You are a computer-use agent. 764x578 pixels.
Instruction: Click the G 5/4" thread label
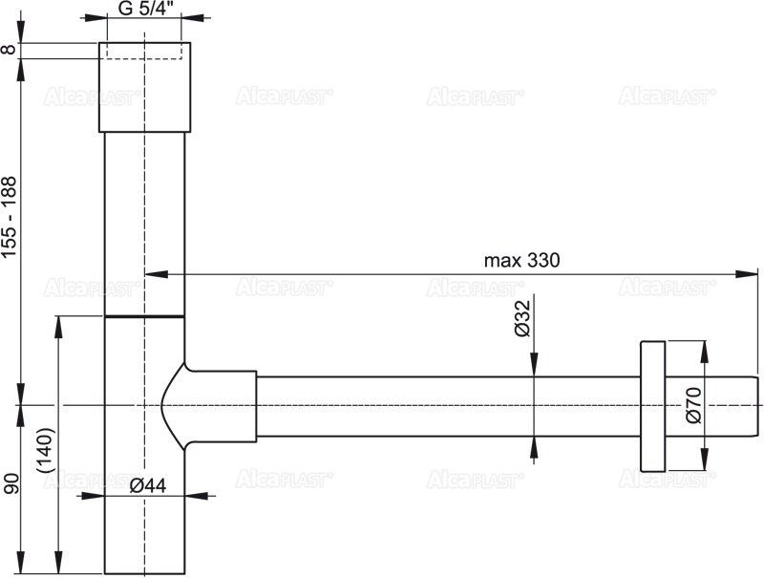pyautogui.click(x=143, y=11)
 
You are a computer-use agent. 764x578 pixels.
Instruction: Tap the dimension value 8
pyautogui.click(x=11, y=51)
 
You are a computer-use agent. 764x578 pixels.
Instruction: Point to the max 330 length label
pyautogui.click(x=521, y=260)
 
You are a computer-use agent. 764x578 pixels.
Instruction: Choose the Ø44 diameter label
pyautogui.click(x=147, y=485)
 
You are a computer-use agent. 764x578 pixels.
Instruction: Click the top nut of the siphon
pyautogui.click(x=144, y=87)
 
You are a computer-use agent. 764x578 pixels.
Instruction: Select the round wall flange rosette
pyautogui.click(x=652, y=405)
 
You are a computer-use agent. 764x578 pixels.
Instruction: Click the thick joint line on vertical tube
pyautogui.click(x=144, y=315)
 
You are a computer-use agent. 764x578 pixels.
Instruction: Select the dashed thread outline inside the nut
pyautogui.click(x=143, y=51)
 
